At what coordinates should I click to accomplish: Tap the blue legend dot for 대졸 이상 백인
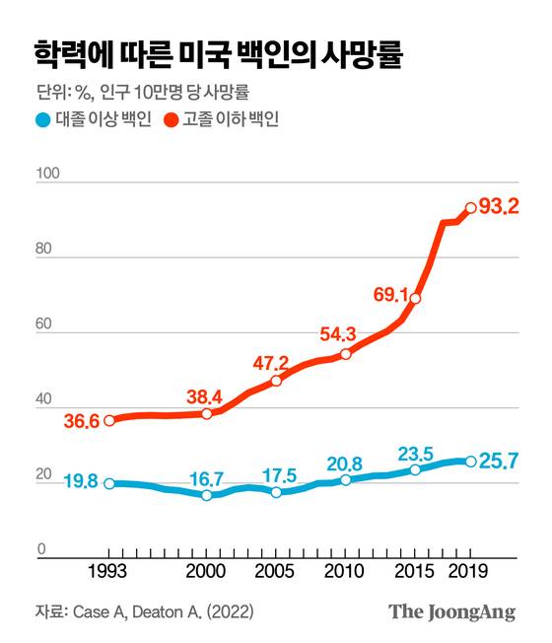[41, 121]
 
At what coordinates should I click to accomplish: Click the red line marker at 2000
[207, 413]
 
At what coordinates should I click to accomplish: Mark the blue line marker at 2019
[470, 461]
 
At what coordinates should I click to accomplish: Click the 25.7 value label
[498, 462]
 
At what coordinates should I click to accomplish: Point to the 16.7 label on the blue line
[206, 478]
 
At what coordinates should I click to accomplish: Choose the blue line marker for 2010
[345, 480]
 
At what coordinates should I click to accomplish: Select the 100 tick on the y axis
[47, 174]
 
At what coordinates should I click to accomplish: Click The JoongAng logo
[451, 611]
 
